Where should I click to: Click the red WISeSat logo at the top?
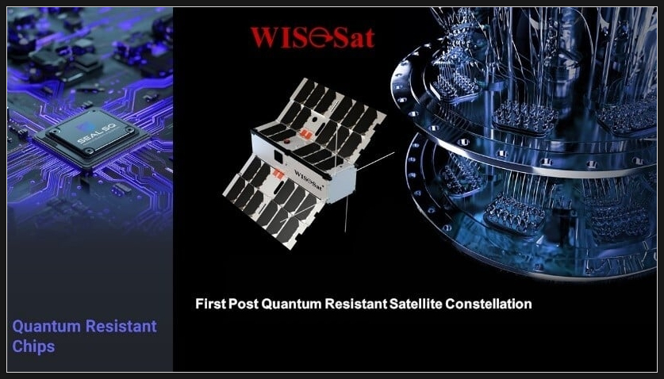point(313,37)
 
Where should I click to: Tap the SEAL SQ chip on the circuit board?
point(92,138)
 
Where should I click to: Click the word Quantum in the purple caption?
point(46,327)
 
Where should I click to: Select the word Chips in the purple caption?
point(33,346)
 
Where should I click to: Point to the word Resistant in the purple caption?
point(121,326)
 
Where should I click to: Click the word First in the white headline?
point(210,304)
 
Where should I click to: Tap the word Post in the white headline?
point(244,304)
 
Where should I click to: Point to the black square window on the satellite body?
point(278,156)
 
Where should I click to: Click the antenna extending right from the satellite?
point(375,161)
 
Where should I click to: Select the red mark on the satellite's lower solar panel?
point(278,173)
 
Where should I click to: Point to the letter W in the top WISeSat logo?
point(265,38)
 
